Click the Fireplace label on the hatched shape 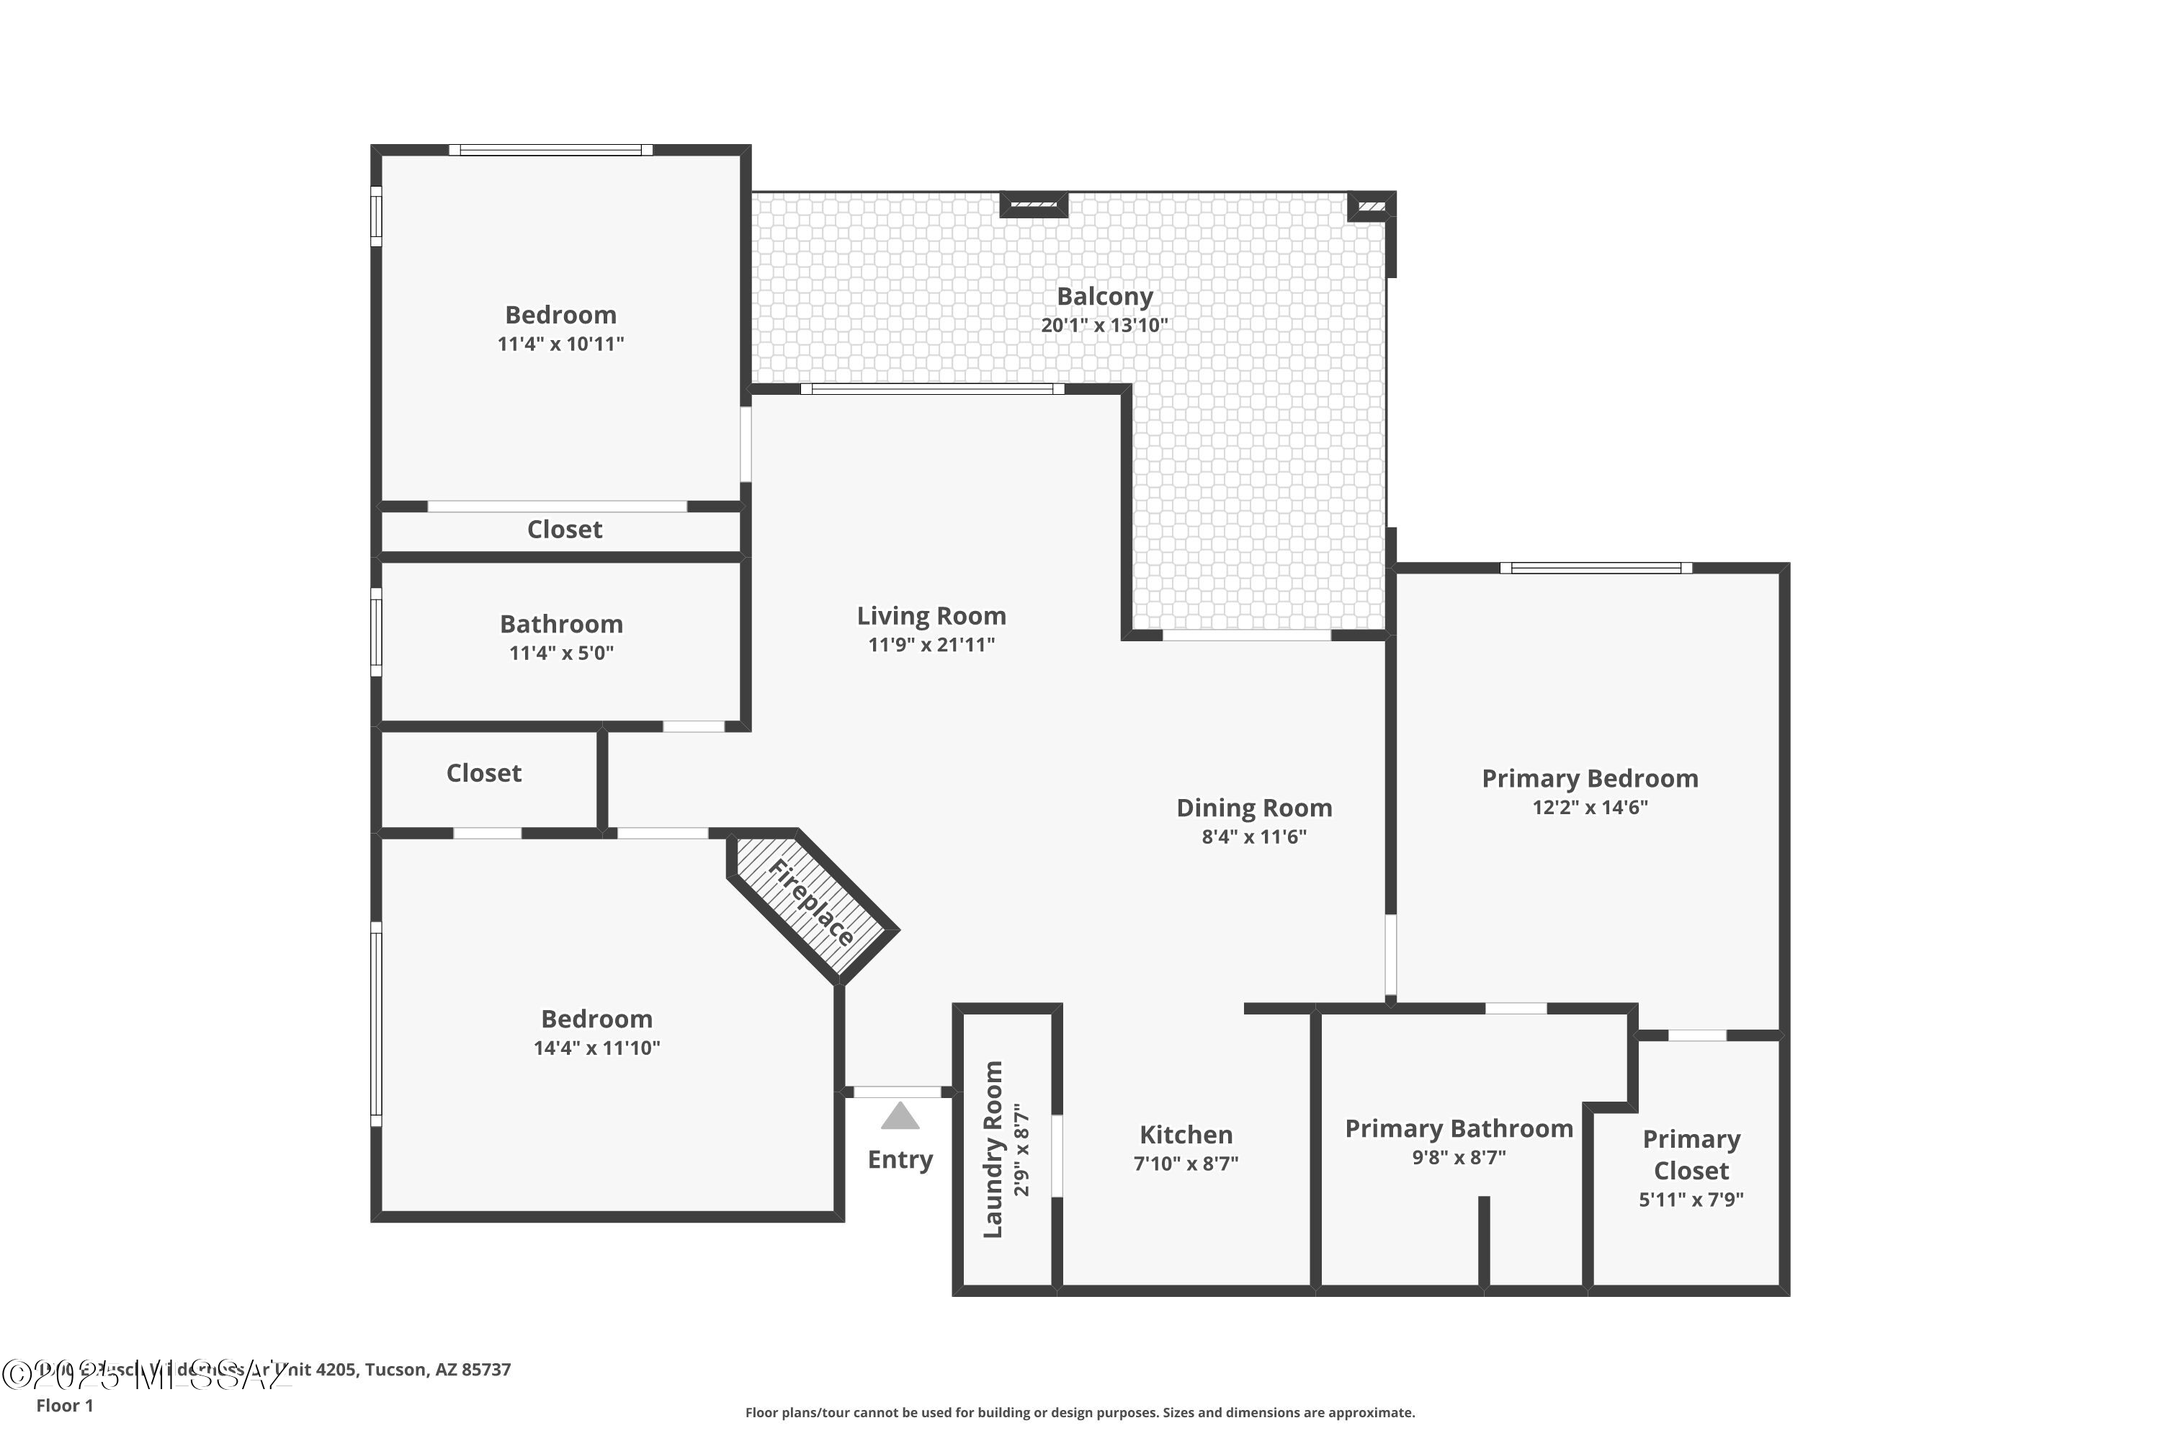click(811, 903)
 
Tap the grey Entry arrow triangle click(900, 1117)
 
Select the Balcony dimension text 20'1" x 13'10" click(1104, 326)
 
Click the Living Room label click(931, 616)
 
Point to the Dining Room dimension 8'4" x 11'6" click(1253, 837)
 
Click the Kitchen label click(1185, 1134)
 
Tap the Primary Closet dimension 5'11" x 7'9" click(1691, 1200)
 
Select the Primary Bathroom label click(1458, 1128)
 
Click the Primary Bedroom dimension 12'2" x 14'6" click(1590, 807)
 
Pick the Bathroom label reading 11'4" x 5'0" click(560, 624)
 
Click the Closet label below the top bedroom click(564, 530)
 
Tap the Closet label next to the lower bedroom click(483, 773)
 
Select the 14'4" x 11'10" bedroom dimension click(596, 1048)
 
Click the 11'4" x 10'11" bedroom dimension click(560, 344)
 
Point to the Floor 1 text click(64, 1405)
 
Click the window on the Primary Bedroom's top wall click(1596, 568)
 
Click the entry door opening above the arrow click(898, 1092)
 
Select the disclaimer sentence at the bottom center click(1080, 1412)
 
